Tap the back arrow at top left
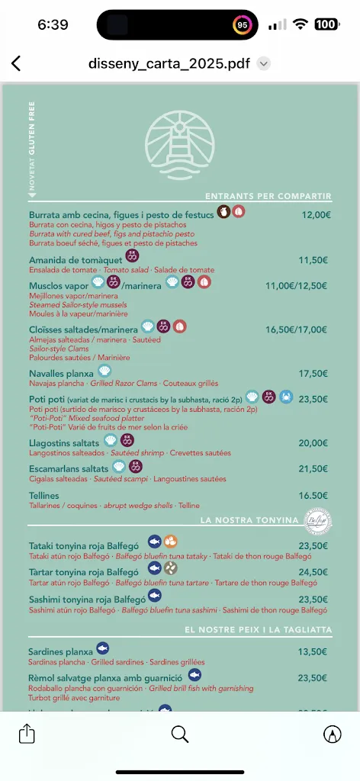(x=17, y=64)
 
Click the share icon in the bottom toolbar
(x=27, y=733)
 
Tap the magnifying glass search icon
(x=180, y=733)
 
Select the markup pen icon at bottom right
(x=333, y=733)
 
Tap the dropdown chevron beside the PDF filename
(x=264, y=64)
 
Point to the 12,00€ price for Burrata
(x=316, y=215)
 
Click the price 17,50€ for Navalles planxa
(x=313, y=374)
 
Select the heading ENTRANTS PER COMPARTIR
(x=268, y=196)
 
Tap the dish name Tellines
(x=43, y=496)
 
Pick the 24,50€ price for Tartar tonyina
(x=313, y=572)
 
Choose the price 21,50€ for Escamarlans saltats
(x=313, y=468)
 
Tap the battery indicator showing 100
(x=326, y=24)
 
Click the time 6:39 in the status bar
(x=53, y=24)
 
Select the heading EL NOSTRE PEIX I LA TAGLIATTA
(x=259, y=630)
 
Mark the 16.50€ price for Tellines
(x=313, y=496)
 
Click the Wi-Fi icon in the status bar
(x=301, y=24)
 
